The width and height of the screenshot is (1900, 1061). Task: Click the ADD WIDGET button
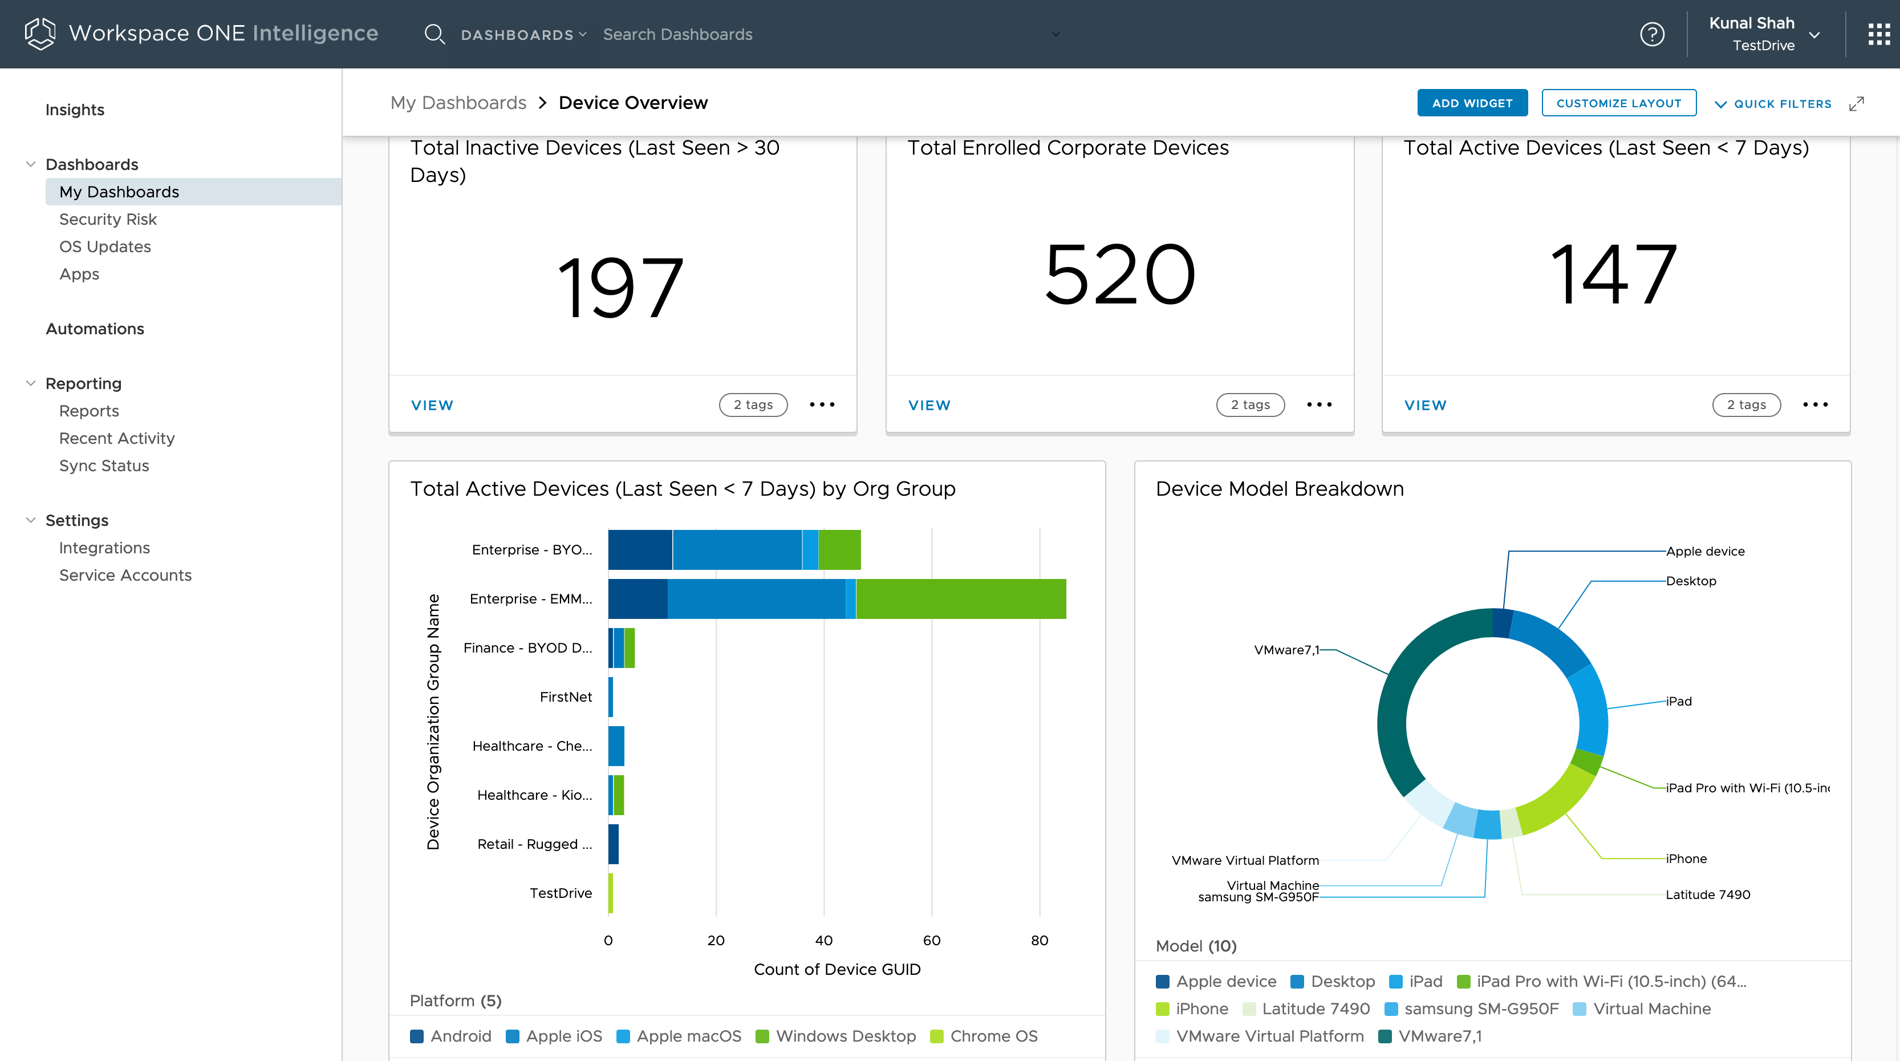[x=1471, y=103]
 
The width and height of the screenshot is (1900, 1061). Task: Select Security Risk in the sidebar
[x=108, y=219]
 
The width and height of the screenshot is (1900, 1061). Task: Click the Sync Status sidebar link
[x=104, y=465]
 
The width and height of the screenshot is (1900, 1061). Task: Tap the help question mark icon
[x=1651, y=34]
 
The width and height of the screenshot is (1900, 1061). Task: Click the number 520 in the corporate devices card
[x=1119, y=275]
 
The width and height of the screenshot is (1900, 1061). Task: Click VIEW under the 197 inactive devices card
[x=432, y=405]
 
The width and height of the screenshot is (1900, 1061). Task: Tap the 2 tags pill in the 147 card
[x=1746, y=404]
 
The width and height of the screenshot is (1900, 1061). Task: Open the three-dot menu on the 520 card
[x=1319, y=404]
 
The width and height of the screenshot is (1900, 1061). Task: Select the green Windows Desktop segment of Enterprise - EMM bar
[x=960, y=598]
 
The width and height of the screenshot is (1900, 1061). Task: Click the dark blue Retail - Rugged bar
[x=613, y=844]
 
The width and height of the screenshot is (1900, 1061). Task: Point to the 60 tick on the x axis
[x=931, y=940]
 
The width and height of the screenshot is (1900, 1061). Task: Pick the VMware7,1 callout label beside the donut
[x=1286, y=650]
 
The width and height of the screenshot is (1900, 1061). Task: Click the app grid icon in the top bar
[x=1878, y=34]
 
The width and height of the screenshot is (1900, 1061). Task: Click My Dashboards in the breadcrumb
[x=458, y=103]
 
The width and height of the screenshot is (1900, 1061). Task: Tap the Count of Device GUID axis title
[x=837, y=970]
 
